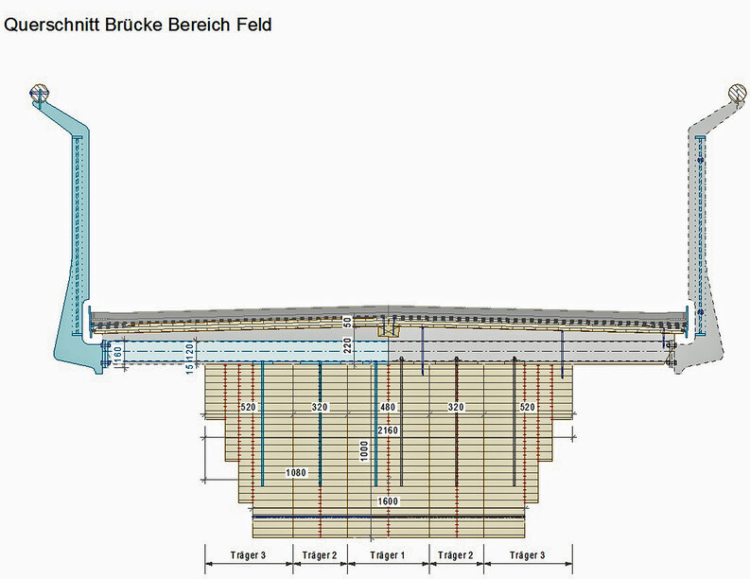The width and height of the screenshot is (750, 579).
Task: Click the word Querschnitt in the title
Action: [x=52, y=25]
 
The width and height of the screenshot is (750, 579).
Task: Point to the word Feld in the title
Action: [x=254, y=25]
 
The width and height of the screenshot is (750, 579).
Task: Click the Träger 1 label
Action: [x=388, y=555]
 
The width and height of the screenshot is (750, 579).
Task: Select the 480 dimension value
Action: [x=388, y=407]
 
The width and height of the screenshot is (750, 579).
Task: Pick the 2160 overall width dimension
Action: [x=388, y=430]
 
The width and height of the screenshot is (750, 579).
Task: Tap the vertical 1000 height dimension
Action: [x=364, y=450]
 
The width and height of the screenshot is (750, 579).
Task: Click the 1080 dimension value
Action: [x=296, y=473]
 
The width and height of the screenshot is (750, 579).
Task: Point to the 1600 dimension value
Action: [x=388, y=501]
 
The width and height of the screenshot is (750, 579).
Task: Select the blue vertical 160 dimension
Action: [x=117, y=352]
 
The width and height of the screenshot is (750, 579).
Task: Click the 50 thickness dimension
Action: [x=348, y=321]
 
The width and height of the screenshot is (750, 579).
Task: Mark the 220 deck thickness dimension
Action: [x=348, y=345]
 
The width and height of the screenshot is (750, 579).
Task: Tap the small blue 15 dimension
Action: [x=189, y=367]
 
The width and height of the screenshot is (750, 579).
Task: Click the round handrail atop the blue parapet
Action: [x=40, y=93]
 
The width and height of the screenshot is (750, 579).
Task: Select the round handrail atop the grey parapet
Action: [x=738, y=93]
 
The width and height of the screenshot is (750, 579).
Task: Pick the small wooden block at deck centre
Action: [x=389, y=330]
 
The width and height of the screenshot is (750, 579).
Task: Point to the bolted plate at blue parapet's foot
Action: [x=105, y=355]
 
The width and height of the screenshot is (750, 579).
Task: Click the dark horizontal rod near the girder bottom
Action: [x=389, y=518]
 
